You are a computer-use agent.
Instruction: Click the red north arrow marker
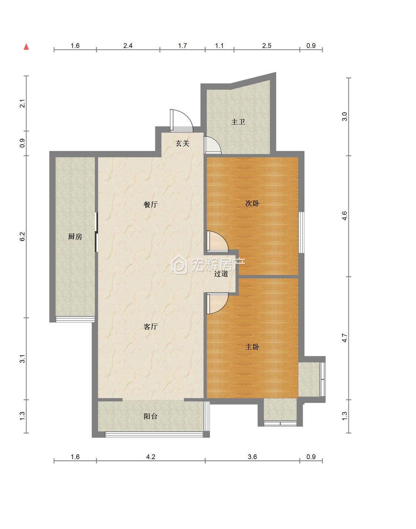[x=26, y=47]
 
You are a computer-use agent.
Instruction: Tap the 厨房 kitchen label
[x=75, y=237]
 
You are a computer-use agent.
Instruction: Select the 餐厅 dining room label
[x=150, y=204]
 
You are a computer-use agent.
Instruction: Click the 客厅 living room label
[x=150, y=326]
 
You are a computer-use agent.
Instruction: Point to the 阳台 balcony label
[x=150, y=416]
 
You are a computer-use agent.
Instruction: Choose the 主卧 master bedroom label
[x=252, y=347]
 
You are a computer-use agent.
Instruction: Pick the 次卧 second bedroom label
[x=252, y=203]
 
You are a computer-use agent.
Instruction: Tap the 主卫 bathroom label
[x=238, y=122]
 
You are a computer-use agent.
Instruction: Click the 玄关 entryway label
[x=182, y=143]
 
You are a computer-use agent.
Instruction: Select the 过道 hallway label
[x=221, y=274]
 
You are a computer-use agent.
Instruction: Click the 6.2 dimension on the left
[x=22, y=237]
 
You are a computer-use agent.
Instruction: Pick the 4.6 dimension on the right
[x=345, y=216]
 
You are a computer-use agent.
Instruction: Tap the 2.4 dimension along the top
[x=128, y=45]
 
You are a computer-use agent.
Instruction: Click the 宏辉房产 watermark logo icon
[x=179, y=264]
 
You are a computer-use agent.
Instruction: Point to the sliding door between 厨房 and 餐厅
[x=97, y=232]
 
